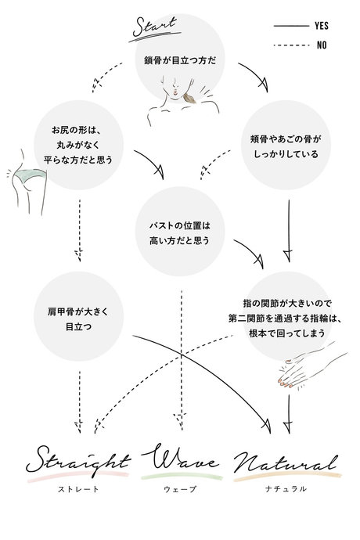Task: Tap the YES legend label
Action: click(x=321, y=25)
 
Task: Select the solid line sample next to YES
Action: click(x=290, y=26)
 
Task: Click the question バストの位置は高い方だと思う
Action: click(x=181, y=232)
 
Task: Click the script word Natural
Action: click(x=285, y=462)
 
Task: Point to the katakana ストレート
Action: click(x=77, y=488)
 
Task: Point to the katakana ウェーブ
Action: click(x=182, y=488)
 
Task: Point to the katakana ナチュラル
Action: click(x=285, y=488)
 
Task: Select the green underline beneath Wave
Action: click(x=182, y=476)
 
